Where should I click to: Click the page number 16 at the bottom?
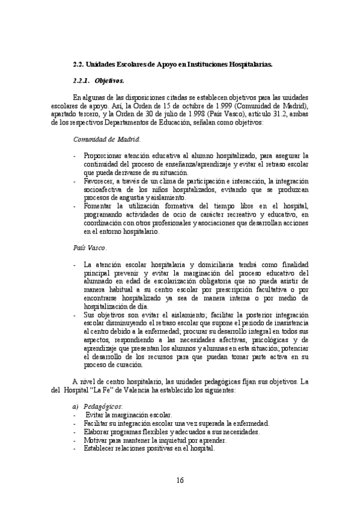tap(180, 479)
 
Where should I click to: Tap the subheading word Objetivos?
tap(109, 80)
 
